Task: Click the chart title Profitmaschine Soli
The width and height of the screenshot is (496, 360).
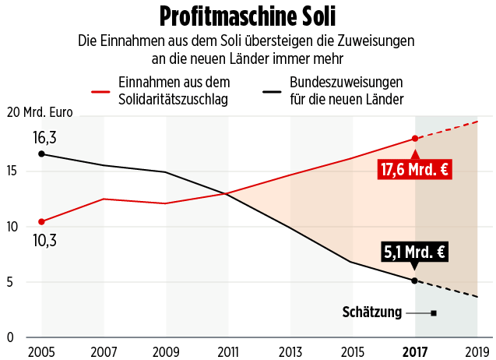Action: tap(248, 16)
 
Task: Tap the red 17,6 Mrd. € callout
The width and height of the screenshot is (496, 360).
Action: tap(414, 169)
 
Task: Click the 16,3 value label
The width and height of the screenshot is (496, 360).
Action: tap(44, 138)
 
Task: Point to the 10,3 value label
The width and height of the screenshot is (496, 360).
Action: tap(44, 240)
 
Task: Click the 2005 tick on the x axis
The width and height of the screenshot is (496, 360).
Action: tap(41, 352)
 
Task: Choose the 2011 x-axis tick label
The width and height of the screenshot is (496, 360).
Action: tap(228, 352)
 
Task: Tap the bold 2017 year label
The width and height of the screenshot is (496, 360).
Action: tap(414, 352)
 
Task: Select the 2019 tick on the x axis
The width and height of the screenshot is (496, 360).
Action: tap(477, 352)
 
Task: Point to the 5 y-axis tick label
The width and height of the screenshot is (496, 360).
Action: tap(9, 282)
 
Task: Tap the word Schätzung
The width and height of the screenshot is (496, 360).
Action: tap(371, 312)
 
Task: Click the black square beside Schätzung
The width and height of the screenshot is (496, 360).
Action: tap(434, 312)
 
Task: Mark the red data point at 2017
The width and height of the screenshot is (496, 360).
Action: tap(414, 139)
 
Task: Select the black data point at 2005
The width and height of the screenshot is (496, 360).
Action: tap(41, 154)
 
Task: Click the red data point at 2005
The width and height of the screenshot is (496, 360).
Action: tap(41, 221)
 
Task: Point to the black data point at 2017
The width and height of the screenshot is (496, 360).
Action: tap(414, 280)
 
